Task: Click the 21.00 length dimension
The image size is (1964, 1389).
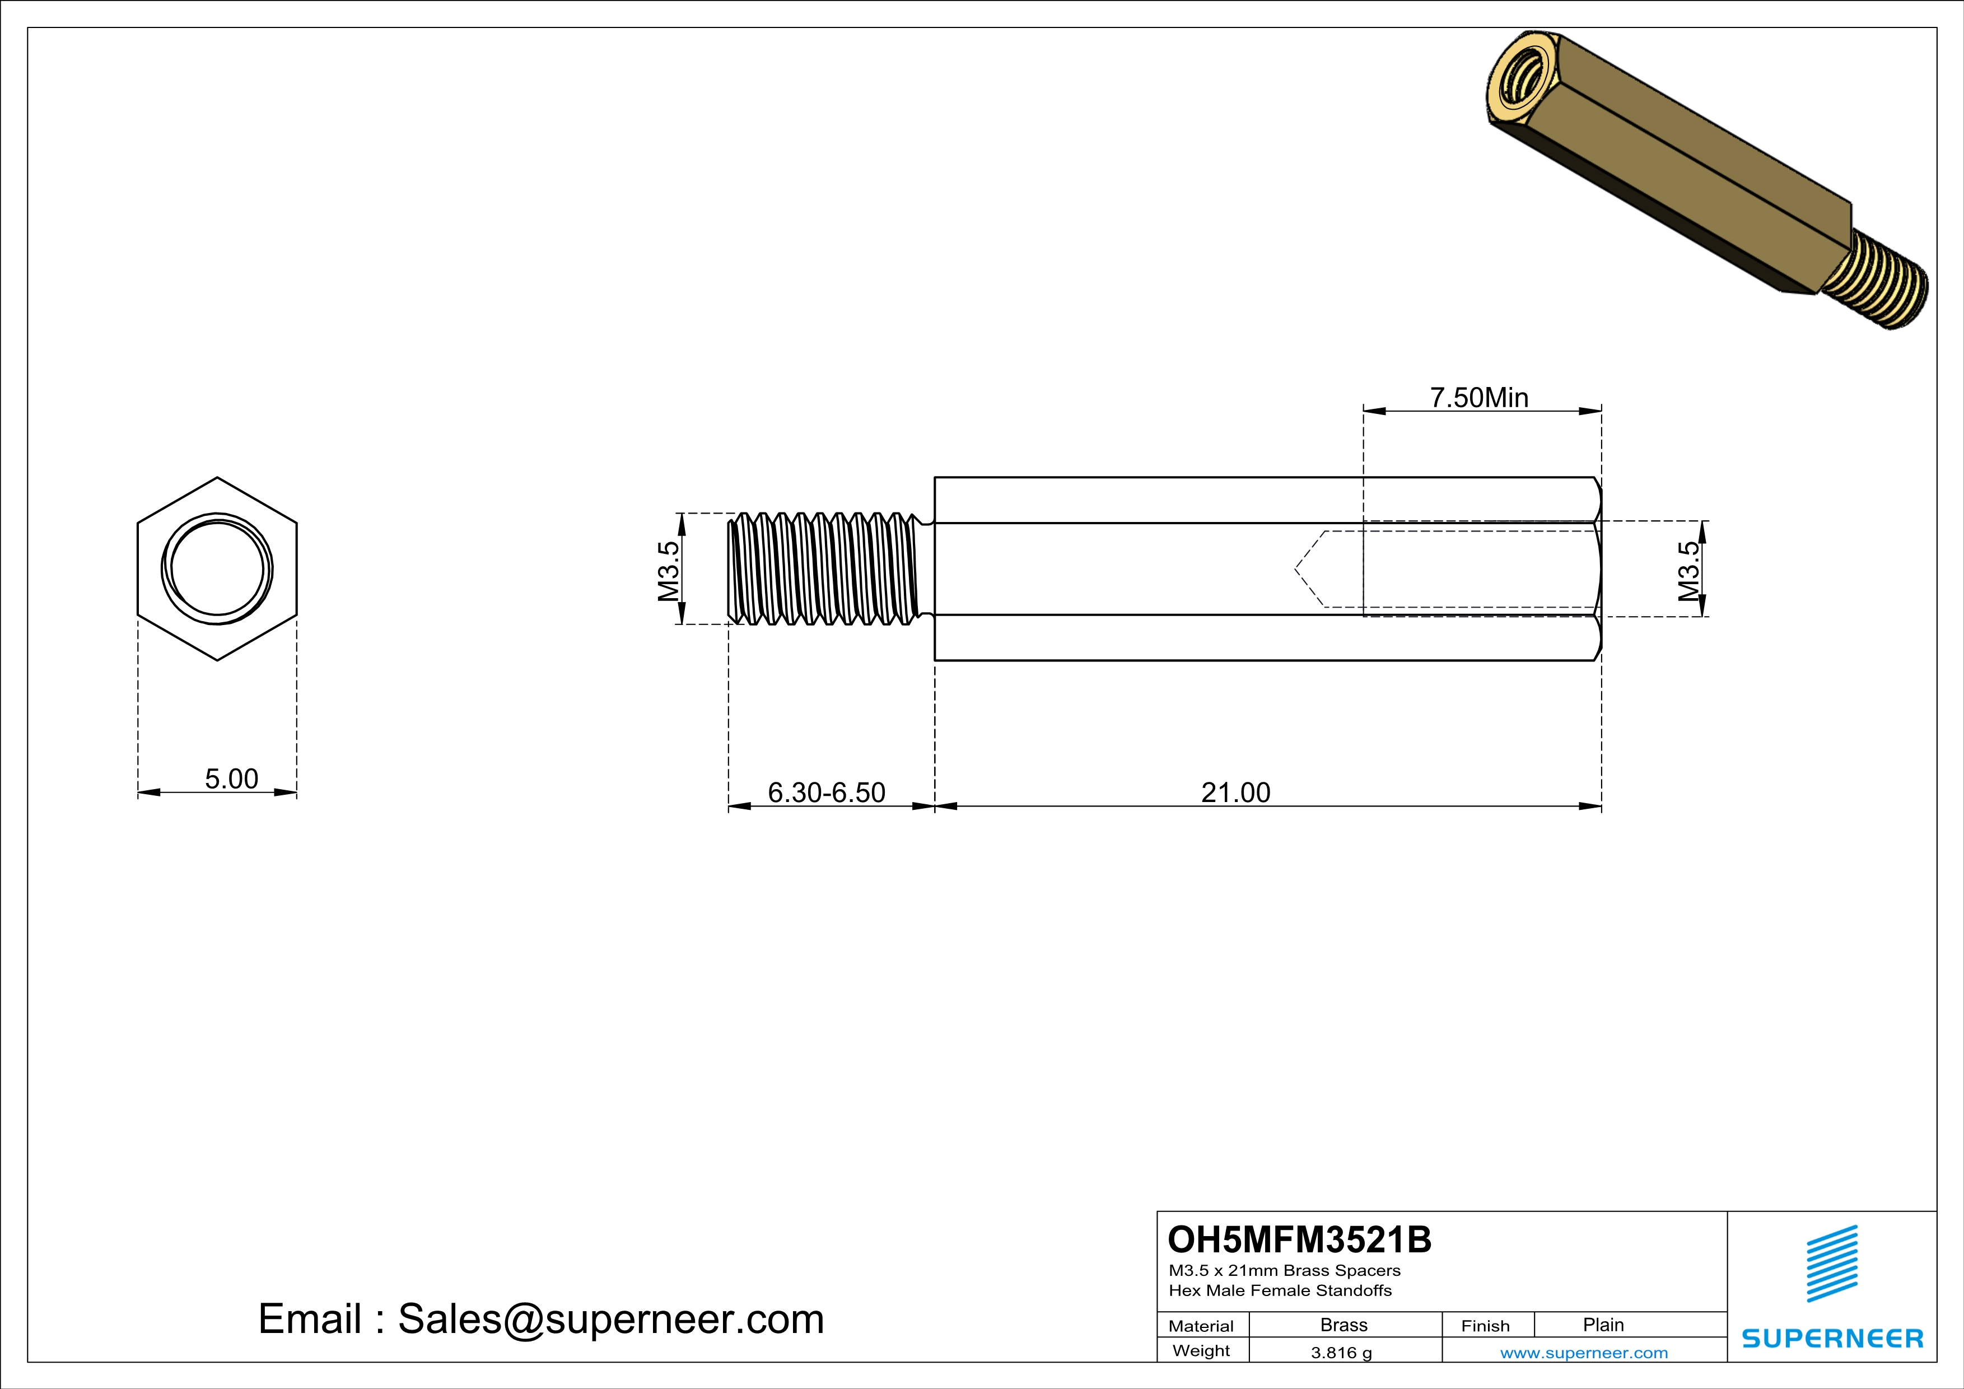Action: (x=1235, y=793)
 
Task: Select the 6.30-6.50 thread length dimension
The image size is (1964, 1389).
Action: (x=827, y=793)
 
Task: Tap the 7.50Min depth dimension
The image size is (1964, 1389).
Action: (x=1479, y=398)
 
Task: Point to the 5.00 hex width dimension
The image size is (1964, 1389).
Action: (x=231, y=779)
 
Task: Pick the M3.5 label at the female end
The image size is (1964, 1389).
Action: (x=1688, y=571)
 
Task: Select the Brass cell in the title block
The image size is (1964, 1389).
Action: (x=1344, y=1325)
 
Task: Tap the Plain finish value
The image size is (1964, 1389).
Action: (x=1603, y=1325)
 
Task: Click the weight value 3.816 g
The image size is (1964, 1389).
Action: (x=1341, y=1352)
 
